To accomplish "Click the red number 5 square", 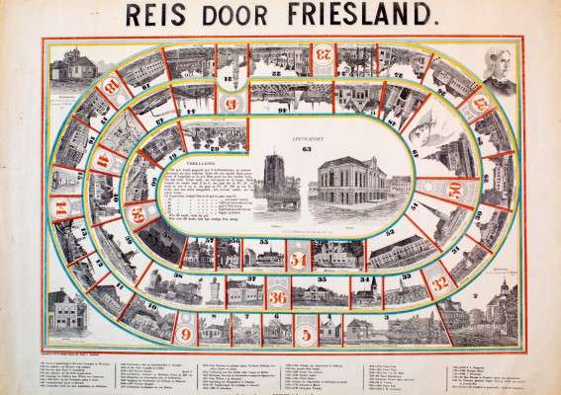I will coord(306,333).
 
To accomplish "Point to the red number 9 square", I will coord(187,334).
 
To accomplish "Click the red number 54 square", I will coord(300,259).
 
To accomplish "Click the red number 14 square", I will coord(63,207).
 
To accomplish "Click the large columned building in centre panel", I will coord(347,184).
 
